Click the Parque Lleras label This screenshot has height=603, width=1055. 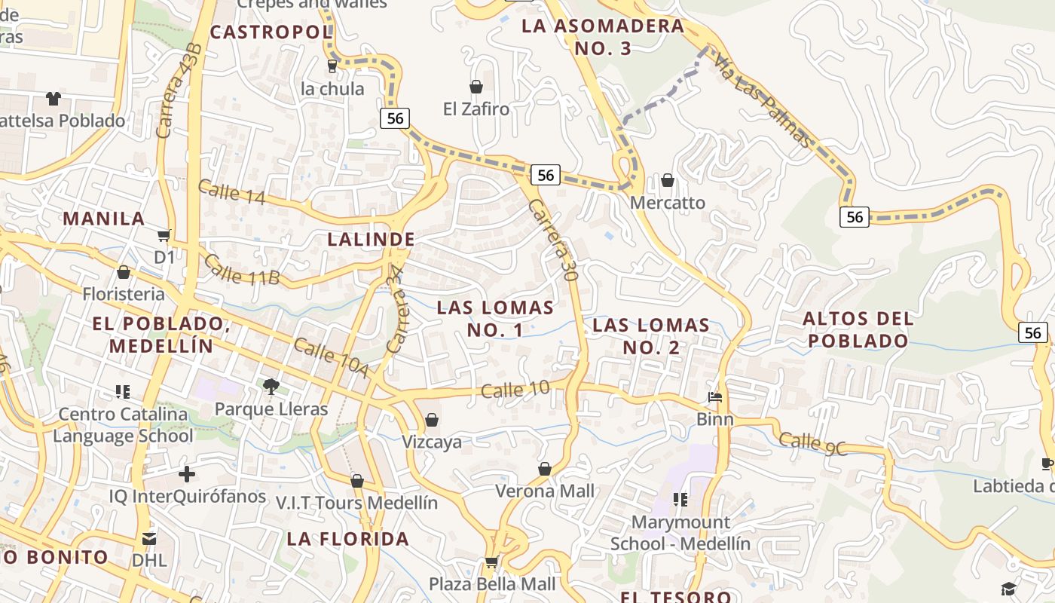[x=271, y=409]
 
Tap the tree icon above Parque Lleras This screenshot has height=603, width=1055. [x=271, y=387]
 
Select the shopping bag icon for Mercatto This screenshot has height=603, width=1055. [x=668, y=180]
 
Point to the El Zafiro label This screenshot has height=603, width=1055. [x=476, y=109]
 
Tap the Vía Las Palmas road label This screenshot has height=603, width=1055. [x=763, y=100]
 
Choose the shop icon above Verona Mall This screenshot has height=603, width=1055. [x=545, y=469]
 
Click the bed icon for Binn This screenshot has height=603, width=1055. [x=715, y=397]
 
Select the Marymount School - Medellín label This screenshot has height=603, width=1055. [x=680, y=533]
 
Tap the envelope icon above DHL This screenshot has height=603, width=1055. [x=149, y=538]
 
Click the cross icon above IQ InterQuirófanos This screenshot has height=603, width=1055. [x=187, y=474]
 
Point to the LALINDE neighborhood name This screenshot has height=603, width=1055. [x=372, y=240]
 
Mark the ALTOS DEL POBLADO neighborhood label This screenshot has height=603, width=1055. [x=858, y=329]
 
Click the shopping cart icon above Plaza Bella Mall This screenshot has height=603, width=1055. [x=491, y=561]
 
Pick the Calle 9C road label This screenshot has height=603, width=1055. [x=813, y=443]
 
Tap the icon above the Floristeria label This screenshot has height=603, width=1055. [x=124, y=271]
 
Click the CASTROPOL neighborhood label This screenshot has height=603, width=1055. [x=271, y=32]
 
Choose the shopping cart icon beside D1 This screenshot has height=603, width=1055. [x=164, y=235]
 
